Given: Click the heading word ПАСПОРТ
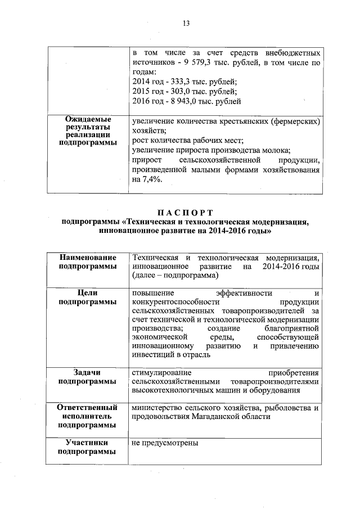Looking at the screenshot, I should tap(186, 212).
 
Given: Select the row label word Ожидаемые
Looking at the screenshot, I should tap(88, 120).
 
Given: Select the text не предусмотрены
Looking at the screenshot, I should tap(165, 443).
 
